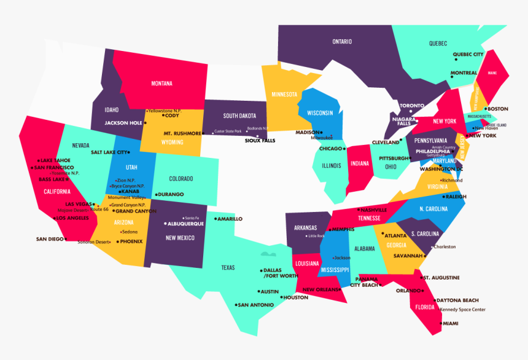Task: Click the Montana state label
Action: [x=162, y=84]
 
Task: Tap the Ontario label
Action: [x=342, y=42]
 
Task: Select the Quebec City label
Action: [x=468, y=54]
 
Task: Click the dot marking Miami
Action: [x=440, y=324]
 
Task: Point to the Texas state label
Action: [x=228, y=267]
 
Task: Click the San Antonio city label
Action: [x=255, y=305]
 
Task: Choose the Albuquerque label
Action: [x=185, y=224]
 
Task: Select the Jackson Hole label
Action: [x=123, y=123]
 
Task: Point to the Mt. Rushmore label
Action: [x=182, y=133]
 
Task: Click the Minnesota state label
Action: [x=284, y=95]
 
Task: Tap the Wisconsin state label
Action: [x=320, y=113]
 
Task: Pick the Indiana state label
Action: [x=360, y=163]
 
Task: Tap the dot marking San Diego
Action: [x=66, y=239]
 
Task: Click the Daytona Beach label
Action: [x=457, y=300]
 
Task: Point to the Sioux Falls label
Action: [x=260, y=141]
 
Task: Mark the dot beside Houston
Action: [x=281, y=298]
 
